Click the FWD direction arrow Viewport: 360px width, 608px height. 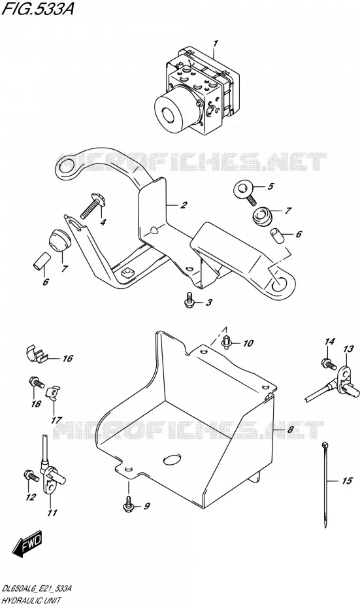point(27,544)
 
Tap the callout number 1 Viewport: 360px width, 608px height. point(216,42)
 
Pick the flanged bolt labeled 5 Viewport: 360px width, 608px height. point(245,193)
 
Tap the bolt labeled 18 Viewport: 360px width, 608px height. point(36,382)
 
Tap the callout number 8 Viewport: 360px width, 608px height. point(291,430)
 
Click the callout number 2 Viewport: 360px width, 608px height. point(184,205)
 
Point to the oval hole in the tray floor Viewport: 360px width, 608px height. point(172,460)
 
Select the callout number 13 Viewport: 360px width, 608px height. point(348,349)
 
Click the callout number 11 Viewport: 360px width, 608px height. point(52,513)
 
